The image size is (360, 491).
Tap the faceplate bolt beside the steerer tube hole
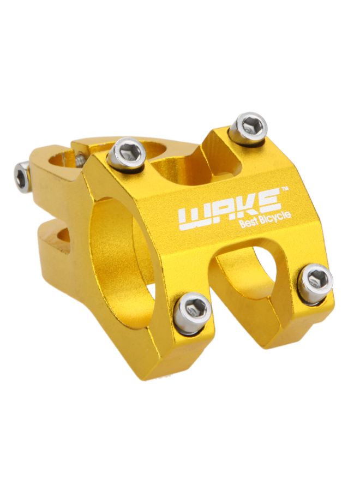pyautogui.click(x=127, y=154)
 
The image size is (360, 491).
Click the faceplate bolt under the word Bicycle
pyautogui.click(x=316, y=282)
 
